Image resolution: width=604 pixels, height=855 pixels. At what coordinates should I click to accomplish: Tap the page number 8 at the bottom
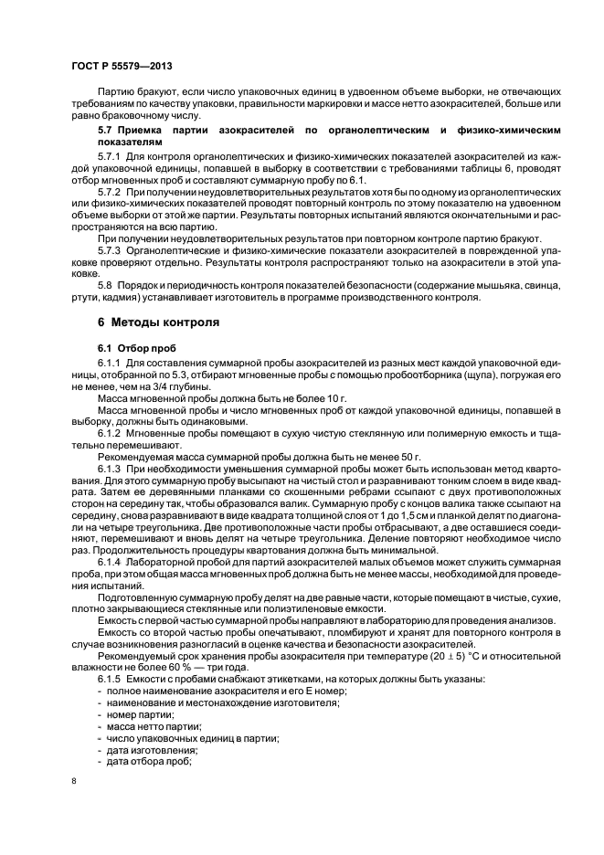(x=73, y=781)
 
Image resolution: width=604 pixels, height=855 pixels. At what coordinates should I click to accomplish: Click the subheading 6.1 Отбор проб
(x=132, y=349)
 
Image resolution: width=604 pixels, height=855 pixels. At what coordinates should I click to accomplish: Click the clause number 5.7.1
(x=110, y=159)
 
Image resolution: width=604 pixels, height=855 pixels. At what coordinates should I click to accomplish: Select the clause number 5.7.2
(x=110, y=194)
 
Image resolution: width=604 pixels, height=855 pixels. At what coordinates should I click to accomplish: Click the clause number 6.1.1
(x=110, y=365)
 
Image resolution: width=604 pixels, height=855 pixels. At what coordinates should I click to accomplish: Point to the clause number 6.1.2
(x=110, y=431)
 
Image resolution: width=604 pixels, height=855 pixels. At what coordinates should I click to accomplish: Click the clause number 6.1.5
(x=110, y=681)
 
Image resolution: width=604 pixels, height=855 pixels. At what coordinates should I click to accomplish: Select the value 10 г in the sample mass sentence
(x=311, y=398)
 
